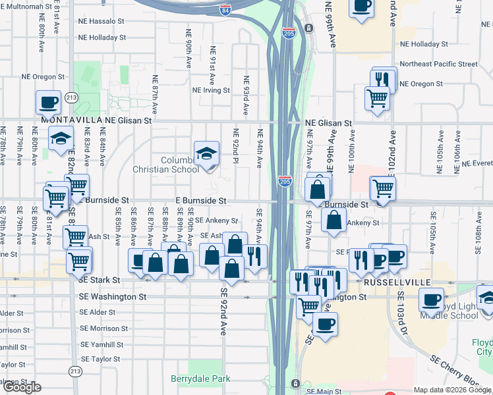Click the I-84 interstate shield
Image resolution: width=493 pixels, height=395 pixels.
pos(225,10)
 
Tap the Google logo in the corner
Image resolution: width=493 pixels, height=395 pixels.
pos(22,387)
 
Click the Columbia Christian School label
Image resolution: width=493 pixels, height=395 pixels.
pos(180,165)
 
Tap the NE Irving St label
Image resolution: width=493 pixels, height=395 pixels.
pos(211,90)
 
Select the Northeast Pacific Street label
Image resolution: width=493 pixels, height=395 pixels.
pos(438,64)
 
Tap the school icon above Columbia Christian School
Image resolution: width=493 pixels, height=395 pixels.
pos(206,154)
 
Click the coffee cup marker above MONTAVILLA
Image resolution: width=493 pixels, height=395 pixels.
pos(48,102)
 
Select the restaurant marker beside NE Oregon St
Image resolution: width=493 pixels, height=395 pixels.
pos(383,80)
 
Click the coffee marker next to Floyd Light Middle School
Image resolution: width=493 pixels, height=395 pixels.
pos(431,300)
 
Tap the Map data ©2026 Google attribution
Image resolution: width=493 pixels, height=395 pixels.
pos(452,390)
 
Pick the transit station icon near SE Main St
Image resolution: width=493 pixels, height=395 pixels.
pos(295,383)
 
